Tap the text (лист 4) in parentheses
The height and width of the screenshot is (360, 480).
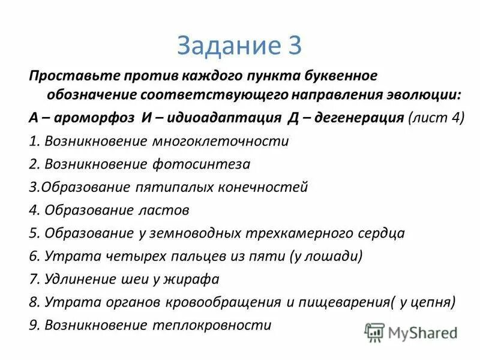tap(436, 118)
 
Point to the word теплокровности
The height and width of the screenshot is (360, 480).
tap(215, 325)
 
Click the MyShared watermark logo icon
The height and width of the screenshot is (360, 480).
tap(374, 332)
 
